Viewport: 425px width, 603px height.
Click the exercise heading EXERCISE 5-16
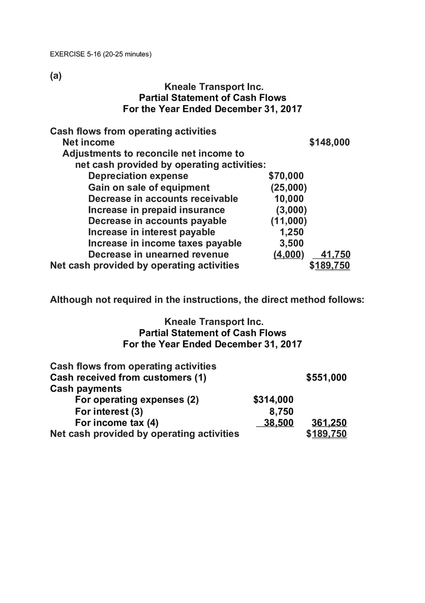pos(100,54)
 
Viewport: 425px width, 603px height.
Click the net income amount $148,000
pos(329,142)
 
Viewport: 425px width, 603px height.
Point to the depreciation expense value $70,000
pos(286,176)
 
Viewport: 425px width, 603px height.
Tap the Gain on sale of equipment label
pos(149,187)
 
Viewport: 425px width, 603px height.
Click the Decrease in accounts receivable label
pos(163,199)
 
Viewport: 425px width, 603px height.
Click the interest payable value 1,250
pos(292,232)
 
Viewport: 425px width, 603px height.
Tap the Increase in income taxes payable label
pos(165,243)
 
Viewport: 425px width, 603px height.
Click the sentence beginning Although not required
pos(207,300)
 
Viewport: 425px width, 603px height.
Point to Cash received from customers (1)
pos(128,378)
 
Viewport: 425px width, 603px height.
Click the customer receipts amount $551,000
pos(326,378)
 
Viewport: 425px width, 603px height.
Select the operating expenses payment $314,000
pos(273,400)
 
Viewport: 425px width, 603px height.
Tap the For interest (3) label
pos(109,412)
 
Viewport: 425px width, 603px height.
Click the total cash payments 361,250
pos(329,423)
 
